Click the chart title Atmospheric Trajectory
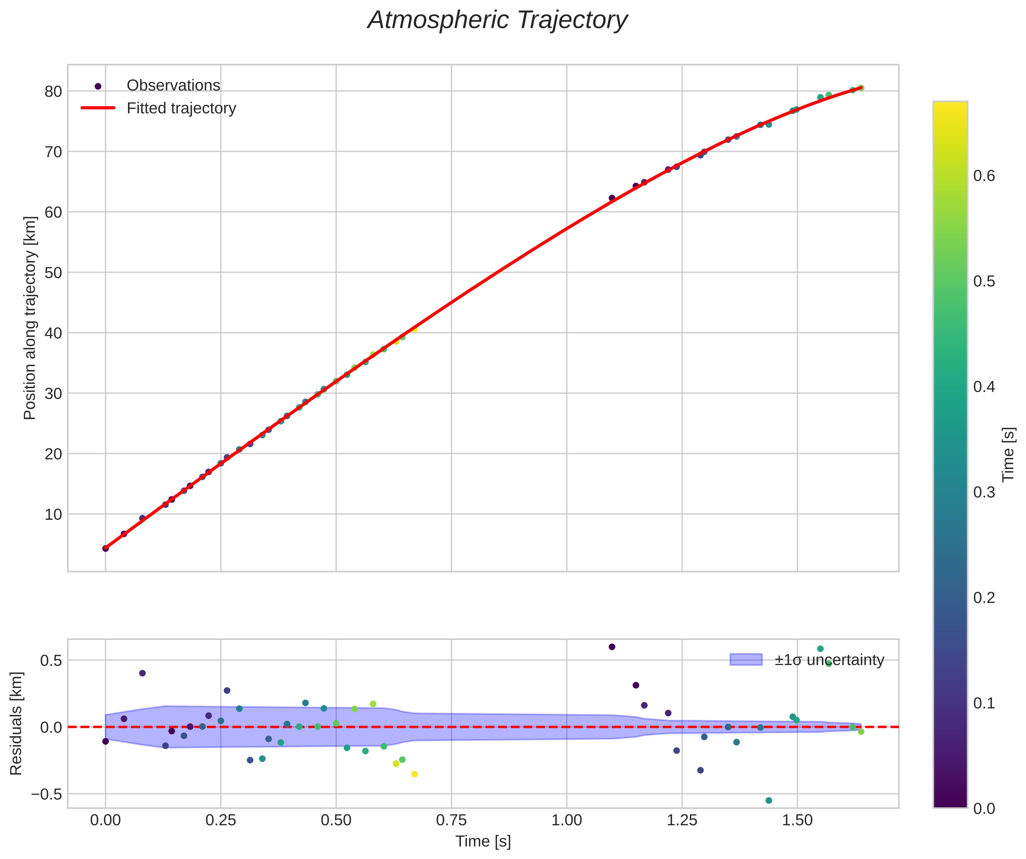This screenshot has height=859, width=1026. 498,21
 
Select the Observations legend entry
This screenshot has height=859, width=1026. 173,86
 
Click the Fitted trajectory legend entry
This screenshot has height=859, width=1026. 181,108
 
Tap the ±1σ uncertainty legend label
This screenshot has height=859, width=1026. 829,660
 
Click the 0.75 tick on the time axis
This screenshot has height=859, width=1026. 451,820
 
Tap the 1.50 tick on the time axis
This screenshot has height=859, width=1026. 797,820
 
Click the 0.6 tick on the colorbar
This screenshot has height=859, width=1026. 984,176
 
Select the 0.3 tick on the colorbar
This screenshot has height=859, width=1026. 984,492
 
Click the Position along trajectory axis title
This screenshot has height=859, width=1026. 30,318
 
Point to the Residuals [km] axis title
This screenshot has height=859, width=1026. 16,724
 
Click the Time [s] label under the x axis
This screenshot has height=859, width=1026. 483,841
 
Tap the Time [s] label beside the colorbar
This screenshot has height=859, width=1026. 1008,455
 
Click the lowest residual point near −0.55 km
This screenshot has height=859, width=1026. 768,800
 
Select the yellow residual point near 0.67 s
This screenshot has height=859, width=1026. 414,774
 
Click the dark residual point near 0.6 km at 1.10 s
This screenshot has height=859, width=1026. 612,647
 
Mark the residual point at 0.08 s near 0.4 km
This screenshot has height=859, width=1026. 142,673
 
